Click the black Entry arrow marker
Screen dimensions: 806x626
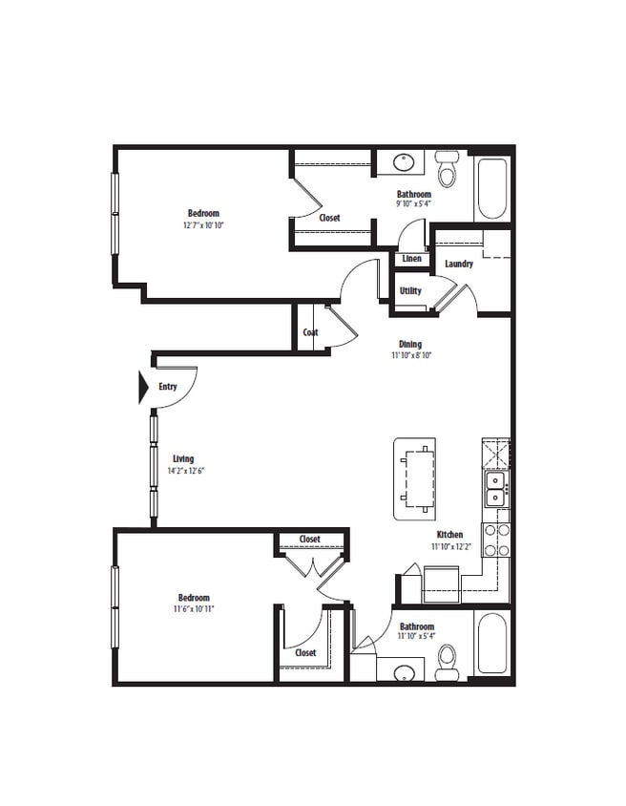coord(144,387)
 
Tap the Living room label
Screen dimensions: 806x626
coord(182,458)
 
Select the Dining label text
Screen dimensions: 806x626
coord(410,345)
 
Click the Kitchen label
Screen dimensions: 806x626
coord(449,535)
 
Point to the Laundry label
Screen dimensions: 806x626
coord(459,264)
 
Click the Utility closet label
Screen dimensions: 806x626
coord(410,290)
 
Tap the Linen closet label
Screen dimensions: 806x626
coord(411,259)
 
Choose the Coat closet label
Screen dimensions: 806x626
coord(310,332)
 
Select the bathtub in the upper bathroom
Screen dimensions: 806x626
coord(492,188)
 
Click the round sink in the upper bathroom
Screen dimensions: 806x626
coord(404,161)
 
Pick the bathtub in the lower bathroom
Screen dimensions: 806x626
coord(492,642)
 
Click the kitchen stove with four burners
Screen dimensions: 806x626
coord(495,539)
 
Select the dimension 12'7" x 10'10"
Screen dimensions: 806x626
coord(203,225)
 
